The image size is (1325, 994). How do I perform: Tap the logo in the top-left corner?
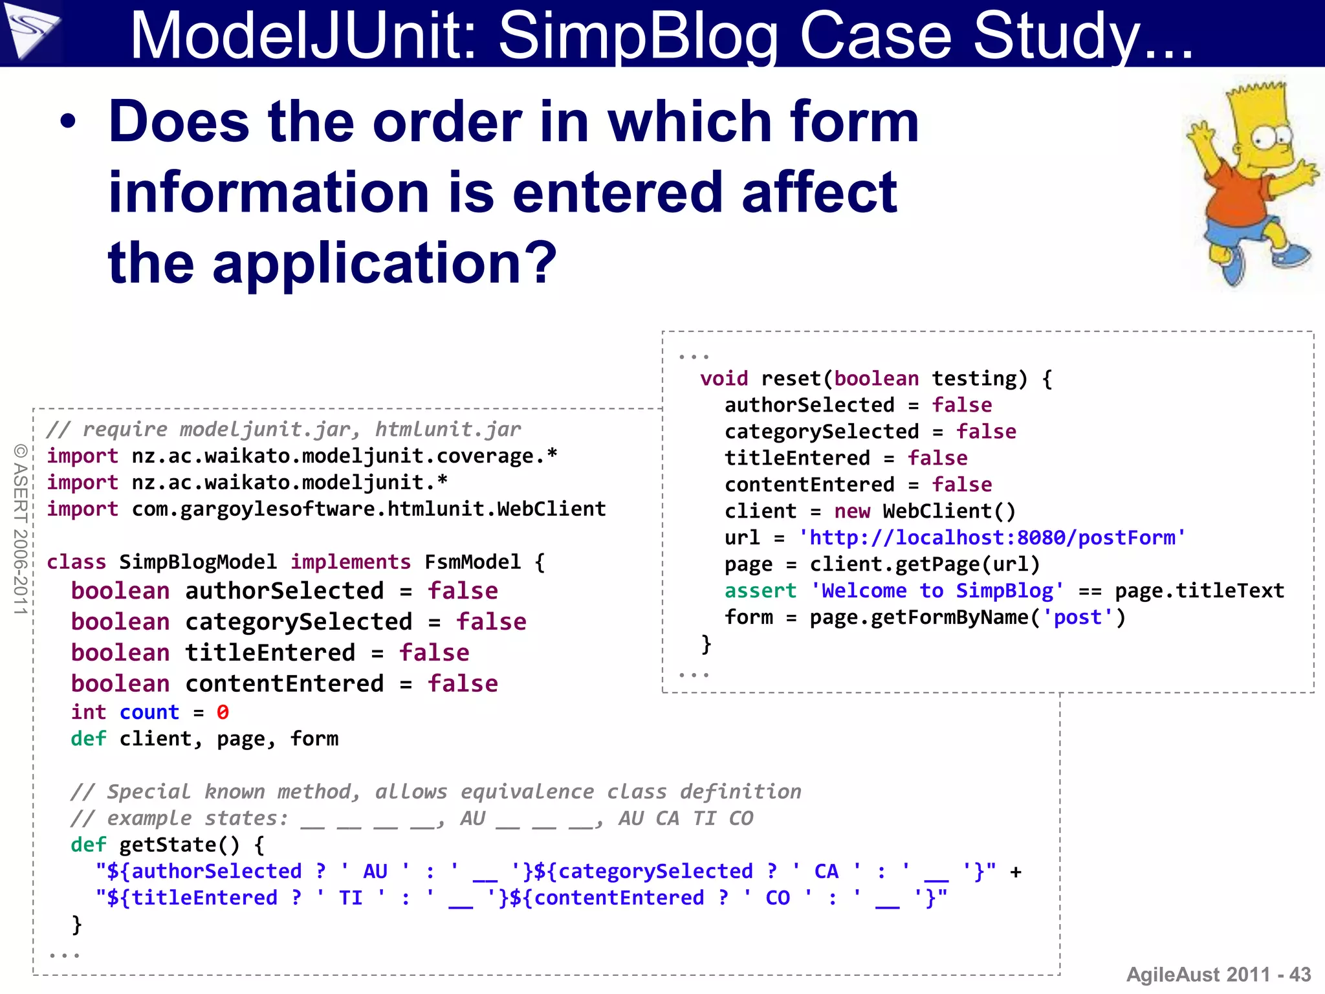click(x=30, y=30)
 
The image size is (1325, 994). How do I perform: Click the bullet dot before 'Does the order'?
click(x=68, y=121)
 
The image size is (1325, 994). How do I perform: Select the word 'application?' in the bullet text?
click(x=384, y=262)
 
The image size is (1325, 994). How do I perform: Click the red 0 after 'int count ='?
click(x=223, y=712)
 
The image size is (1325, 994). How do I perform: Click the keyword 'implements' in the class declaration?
click(x=350, y=562)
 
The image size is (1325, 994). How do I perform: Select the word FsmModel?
click(x=472, y=562)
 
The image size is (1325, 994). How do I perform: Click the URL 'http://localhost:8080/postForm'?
click(x=992, y=538)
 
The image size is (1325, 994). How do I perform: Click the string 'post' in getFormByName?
click(x=1077, y=617)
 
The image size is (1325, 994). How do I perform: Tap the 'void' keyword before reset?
click(x=723, y=379)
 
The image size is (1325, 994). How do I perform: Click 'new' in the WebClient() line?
click(x=851, y=511)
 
